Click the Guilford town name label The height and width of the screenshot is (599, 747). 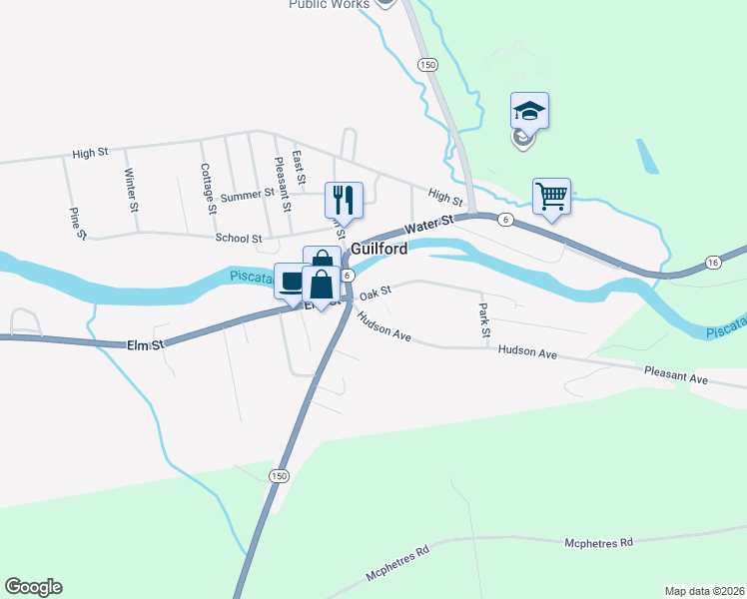tap(378, 248)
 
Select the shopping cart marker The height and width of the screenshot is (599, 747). tap(551, 196)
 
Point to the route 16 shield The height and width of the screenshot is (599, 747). tap(712, 262)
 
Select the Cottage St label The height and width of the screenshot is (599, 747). tap(207, 189)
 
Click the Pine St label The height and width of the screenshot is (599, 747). tap(77, 223)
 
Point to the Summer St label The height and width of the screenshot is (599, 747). tap(240, 197)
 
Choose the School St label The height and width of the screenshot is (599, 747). tap(238, 239)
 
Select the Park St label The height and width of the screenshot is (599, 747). tap(483, 318)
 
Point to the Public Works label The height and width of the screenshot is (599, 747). tap(329, 4)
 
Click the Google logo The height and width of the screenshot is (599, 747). tap(33, 587)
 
